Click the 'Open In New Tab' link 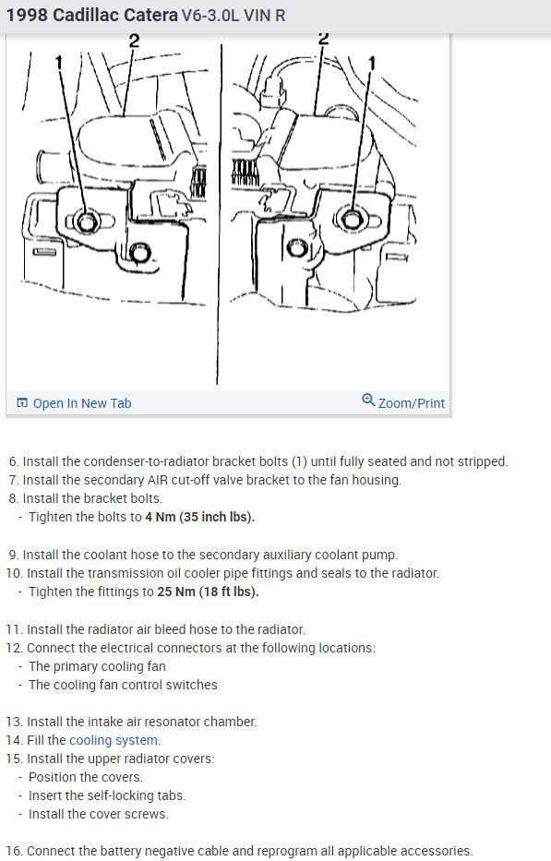[82, 403]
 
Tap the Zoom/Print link [411, 403]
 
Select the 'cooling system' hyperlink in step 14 [114, 740]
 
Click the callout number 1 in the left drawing [59, 63]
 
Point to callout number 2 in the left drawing [134, 41]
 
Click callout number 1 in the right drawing [371, 64]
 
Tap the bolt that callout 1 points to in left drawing [86, 221]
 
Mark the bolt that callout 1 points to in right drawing [352, 219]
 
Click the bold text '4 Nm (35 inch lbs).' [200, 517]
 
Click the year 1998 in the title [27, 16]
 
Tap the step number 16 [14, 851]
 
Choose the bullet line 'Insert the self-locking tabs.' [107, 795]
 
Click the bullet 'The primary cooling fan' [97, 666]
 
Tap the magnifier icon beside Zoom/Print [368, 400]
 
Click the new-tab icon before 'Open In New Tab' [22, 403]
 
